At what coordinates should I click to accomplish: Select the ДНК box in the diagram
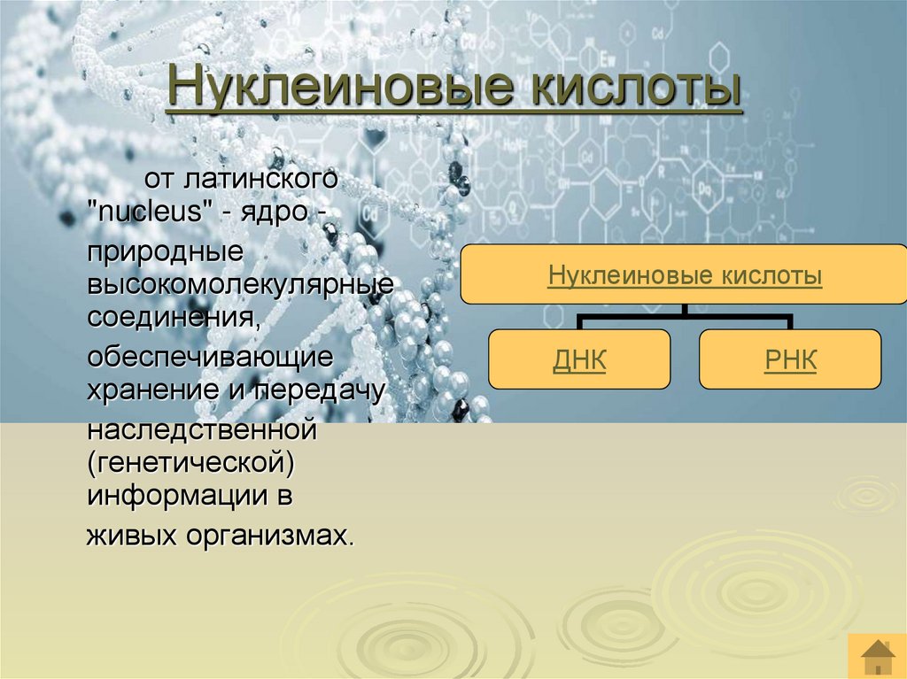(579, 359)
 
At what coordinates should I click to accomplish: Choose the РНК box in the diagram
(790, 359)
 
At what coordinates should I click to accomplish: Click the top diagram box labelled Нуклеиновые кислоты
(685, 275)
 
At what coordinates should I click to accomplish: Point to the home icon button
(877, 656)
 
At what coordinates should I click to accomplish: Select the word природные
(165, 252)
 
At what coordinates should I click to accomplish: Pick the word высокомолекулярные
(240, 284)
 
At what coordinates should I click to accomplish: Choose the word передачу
(320, 389)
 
